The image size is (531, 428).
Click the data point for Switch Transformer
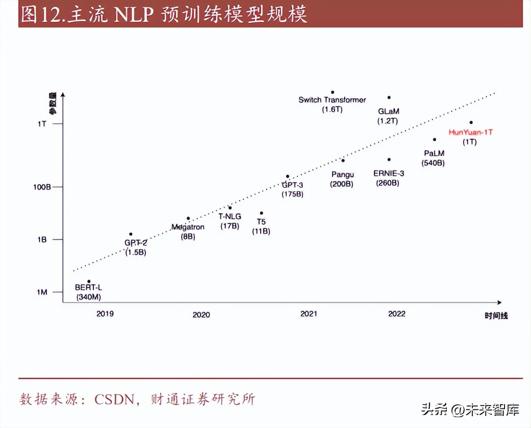coord(333,92)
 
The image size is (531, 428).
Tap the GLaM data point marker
coord(389,98)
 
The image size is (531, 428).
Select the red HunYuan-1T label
coord(471,132)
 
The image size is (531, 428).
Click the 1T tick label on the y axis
coord(42,124)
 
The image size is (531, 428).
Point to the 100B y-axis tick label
coord(42,187)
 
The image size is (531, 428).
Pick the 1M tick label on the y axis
coord(42,292)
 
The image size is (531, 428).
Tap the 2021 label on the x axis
coord(308,314)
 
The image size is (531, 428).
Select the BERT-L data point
coord(89,282)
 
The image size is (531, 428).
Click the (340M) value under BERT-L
coord(88,297)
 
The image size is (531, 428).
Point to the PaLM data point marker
coord(434,140)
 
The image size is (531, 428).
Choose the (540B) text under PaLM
coord(433,163)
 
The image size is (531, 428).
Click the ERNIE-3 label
coord(389,174)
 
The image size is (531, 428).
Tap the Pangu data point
coord(343,161)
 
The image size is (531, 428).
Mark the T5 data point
coord(261,213)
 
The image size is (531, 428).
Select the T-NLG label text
coord(229,216)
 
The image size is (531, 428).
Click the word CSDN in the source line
coord(115,399)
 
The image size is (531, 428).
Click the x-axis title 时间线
coord(496,316)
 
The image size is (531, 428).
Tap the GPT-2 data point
coord(131,234)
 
